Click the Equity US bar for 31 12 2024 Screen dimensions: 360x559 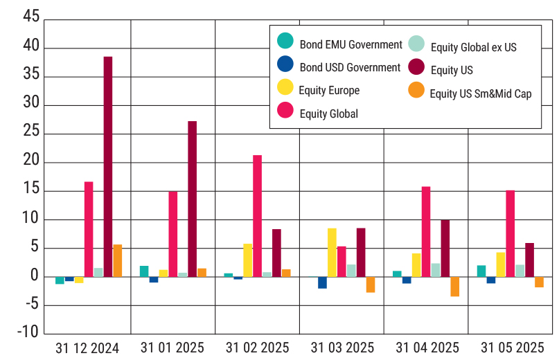(x=108, y=167)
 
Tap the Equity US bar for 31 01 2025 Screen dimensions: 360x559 (x=192, y=199)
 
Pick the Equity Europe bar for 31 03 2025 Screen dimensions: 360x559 (x=332, y=253)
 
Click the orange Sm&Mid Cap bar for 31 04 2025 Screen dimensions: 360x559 (x=454, y=287)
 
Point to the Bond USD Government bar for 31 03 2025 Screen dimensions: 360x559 (x=323, y=282)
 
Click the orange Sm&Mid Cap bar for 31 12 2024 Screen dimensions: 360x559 (x=118, y=261)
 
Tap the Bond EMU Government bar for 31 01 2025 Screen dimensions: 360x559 (x=144, y=271)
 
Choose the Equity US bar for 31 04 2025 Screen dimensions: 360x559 (x=445, y=249)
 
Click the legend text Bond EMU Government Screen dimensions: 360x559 (x=351, y=44)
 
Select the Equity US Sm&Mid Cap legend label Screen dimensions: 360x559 (x=480, y=93)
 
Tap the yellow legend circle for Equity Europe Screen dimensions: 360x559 (x=285, y=87)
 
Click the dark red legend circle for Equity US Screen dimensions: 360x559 (x=416, y=67)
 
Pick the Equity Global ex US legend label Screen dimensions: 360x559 (x=473, y=48)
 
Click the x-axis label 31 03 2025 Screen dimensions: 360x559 (x=341, y=348)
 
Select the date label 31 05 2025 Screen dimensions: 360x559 (x=513, y=348)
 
